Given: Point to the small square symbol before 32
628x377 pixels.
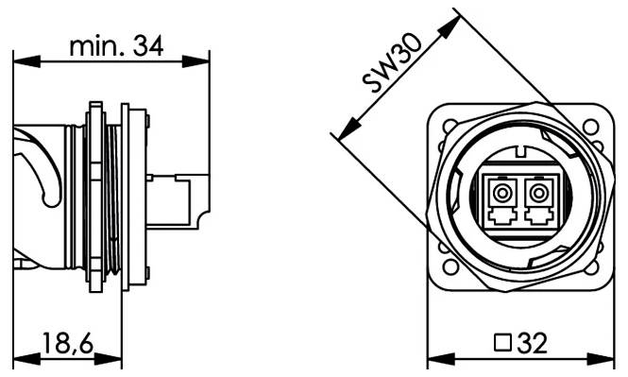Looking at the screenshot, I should coord(502,342).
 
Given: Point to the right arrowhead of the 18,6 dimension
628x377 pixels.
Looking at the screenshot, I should coord(114,360).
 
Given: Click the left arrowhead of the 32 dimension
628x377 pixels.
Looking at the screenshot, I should coord(435,360).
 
